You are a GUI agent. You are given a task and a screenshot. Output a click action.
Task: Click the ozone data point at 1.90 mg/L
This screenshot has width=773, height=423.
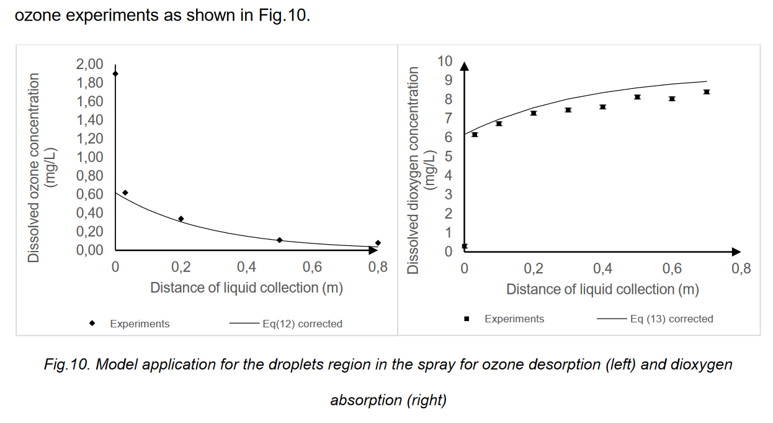[115, 74]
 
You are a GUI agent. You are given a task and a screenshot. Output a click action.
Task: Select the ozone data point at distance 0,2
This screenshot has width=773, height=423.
[181, 219]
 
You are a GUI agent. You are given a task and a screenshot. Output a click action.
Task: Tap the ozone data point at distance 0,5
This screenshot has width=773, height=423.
[280, 240]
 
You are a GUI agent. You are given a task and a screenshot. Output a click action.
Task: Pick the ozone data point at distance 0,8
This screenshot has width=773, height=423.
[378, 243]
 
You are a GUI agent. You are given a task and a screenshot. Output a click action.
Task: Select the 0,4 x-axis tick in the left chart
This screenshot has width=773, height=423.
[246, 267]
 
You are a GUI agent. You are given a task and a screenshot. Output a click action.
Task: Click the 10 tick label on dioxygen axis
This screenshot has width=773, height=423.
[445, 61]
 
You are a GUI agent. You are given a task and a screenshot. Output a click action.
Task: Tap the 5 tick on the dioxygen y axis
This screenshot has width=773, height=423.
[449, 157]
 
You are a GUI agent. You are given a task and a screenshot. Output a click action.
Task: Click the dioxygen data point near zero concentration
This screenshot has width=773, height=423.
[465, 247]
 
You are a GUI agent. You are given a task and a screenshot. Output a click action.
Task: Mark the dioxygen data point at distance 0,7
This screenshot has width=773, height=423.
[706, 92]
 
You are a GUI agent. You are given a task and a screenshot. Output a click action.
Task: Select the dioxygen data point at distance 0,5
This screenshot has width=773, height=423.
[637, 97]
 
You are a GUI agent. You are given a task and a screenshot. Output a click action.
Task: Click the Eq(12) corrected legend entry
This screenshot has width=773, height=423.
[302, 324]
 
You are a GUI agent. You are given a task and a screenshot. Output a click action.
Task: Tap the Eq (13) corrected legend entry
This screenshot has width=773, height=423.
[671, 319]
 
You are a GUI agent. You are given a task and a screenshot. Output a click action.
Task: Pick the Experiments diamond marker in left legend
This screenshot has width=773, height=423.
[92, 323]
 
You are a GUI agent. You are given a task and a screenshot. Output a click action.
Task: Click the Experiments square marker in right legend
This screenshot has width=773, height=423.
[467, 319]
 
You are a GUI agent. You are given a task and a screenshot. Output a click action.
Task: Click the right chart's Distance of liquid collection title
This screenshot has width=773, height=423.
[602, 289]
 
